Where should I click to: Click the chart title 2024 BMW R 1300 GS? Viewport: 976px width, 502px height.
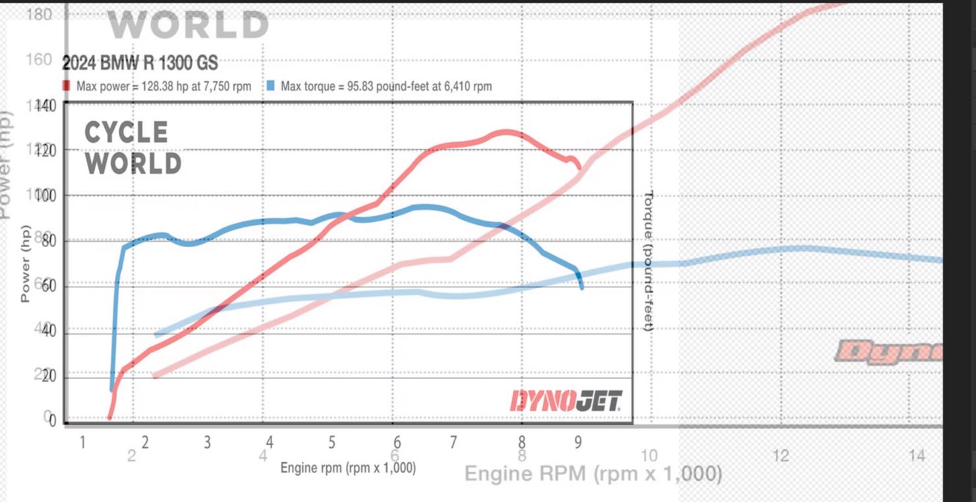tap(140, 64)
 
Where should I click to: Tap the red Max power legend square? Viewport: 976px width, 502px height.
tap(67, 86)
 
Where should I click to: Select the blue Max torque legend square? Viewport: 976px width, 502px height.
tap(271, 86)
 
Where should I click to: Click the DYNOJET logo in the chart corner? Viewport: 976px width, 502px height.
tap(565, 401)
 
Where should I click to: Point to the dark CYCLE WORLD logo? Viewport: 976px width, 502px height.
tap(132, 148)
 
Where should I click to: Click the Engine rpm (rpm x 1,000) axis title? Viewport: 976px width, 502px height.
tap(348, 468)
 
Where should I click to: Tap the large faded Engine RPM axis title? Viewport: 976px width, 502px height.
tap(593, 474)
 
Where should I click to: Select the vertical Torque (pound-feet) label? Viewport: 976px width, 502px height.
tap(648, 261)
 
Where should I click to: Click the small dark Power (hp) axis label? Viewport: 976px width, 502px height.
tap(25, 271)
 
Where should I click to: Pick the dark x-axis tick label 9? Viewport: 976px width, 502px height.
tap(578, 442)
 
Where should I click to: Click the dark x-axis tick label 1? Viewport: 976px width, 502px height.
tap(82, 442)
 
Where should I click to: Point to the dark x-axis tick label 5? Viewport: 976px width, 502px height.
tap(331, 442)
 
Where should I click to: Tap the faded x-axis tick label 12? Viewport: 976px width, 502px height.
tap(780, 455)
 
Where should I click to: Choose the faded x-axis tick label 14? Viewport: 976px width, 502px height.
tap(917, 455)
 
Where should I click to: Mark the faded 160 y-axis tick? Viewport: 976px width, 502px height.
tap(40, 60)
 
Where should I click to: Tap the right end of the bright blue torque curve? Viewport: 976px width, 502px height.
tap(581, 287)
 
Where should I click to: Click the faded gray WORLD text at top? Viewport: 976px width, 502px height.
tap(188, 25)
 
